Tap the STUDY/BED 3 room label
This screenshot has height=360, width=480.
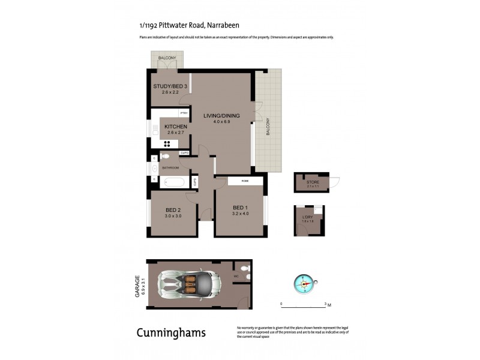[x=167, y=86]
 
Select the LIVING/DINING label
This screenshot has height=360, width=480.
[x=221, y=116]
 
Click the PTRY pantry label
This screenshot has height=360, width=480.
[x=184, y=113]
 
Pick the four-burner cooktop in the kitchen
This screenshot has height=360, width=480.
[x=167, y=143]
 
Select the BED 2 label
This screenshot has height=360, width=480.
[x=173, y=210]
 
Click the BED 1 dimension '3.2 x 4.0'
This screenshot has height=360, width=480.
[x=241, y=214]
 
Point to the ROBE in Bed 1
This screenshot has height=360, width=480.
[x=245, y=181]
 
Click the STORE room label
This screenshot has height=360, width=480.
[x=313, y=182]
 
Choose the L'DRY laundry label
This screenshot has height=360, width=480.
[x=308, y=217]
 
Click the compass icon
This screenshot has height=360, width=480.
[x=304, y=283]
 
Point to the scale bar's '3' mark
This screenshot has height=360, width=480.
[x=325, y=304]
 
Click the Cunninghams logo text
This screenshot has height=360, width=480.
[x=171, y=332]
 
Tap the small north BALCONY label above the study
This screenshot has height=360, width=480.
[x=167, y=58]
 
